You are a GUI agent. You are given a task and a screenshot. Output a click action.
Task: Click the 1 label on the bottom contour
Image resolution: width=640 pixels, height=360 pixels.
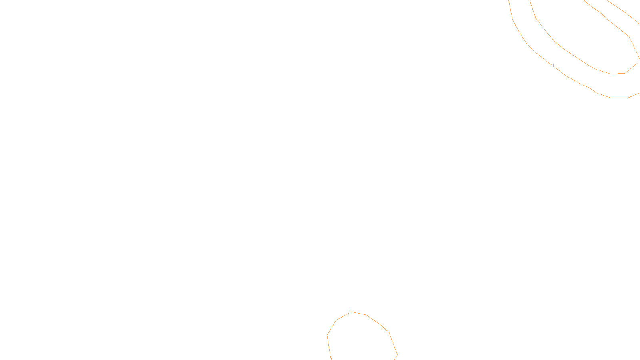[351, 312]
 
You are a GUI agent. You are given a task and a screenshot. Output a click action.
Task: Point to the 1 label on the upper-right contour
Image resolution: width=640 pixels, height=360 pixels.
[553, 66]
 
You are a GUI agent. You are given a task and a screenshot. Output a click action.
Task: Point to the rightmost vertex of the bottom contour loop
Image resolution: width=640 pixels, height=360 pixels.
[397, 354]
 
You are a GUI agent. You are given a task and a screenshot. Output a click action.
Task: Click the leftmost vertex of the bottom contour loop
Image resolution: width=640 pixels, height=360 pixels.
[327, 335]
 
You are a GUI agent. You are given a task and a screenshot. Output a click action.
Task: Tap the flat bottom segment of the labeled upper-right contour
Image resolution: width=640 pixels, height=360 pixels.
[619, 98]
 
